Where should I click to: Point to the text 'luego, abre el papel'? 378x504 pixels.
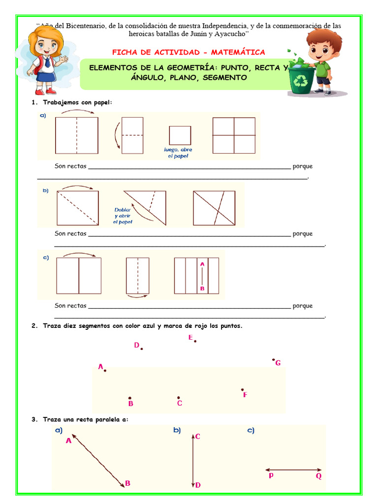coord(178,153)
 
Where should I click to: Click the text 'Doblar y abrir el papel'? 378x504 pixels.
coord(123,216)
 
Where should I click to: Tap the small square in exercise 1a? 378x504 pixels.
coord(180,135)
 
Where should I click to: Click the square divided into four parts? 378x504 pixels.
coord(234,135)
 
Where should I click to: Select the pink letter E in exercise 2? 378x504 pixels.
coord(190,337)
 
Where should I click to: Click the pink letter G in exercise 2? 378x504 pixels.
coord(278,363)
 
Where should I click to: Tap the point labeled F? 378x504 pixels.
coord(242,389)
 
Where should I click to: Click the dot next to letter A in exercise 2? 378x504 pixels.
coord(105,370)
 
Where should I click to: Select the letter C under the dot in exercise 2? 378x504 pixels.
coord(180,404)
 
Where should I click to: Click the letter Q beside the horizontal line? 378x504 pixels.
coord(318,476)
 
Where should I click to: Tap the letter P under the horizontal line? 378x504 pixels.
coord(271,476)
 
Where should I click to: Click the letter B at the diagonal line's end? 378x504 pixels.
coord(127,483)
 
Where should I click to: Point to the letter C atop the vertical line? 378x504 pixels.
coord(197,436)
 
